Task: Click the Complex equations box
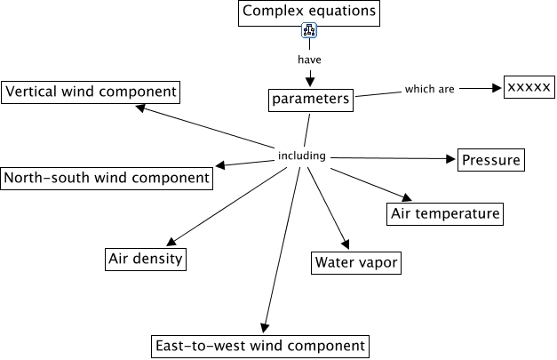(309, 12)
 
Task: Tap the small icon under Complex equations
(309, 32)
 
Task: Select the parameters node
(310, 99)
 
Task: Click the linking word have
(309, 60)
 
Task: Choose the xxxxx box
(529, 86)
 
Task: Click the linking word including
(303, 156)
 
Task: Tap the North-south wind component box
(107, 177)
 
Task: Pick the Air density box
(146, 259)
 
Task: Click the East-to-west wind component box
(259, 345)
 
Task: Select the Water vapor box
(356, 262)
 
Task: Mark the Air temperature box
(445, 213)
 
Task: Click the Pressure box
(490, 161)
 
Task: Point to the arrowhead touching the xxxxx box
(497, 88)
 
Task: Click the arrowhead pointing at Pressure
(450, 159)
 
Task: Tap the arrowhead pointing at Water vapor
(344, 244)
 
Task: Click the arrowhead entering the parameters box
(310, 83)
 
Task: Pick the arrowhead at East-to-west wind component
(263, 328)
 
